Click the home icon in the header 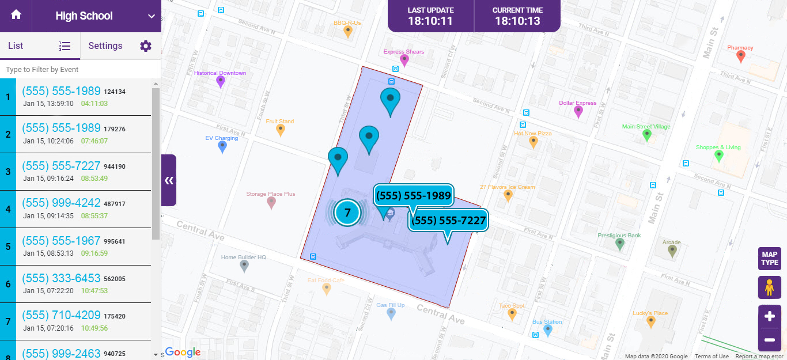point(16,16)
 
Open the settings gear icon point(146,46)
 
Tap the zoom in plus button point(769,316)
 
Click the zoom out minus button point(769,340)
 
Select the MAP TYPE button point(769,259)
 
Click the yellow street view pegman point(769,287)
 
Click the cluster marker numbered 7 point(347,213)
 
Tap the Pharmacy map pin point(741,56)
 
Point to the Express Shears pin point(404,60)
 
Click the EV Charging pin point(222,147)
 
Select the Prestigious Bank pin point(619,244)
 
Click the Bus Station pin point(548,330)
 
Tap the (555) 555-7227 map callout point(448,220)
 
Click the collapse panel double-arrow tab point(169,180)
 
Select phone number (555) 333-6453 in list point(62,278)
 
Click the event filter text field point(80,69)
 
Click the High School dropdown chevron point(152,16)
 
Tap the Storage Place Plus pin point(271,202)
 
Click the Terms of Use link point(711,356)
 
